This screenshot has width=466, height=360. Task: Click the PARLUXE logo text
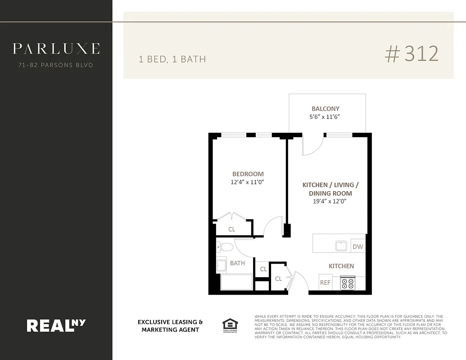(x=56, y=49)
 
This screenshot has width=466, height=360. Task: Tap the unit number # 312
(x=412, y=54)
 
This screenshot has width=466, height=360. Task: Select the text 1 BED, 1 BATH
(x=172, y=59)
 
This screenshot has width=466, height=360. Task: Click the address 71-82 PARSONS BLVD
(x=56, y=65)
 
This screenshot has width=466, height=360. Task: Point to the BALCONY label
(x=326, y=108)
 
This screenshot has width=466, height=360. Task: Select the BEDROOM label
(x=248, y=174)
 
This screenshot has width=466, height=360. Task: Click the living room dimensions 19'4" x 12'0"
(x=330, y=201)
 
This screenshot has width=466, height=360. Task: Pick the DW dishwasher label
(x=357, y=247)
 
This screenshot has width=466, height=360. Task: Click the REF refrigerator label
(x=325, y=283)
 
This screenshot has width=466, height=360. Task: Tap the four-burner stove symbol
(x=348, y=283)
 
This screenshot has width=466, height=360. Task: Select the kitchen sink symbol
(x=341, y=246)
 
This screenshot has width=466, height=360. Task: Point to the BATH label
(x=237, y=263)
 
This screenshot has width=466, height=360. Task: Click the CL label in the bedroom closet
(x=231, y=229)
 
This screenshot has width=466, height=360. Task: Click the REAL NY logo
(x=56, y=325)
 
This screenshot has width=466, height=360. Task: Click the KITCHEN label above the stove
(x=341, y=266)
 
